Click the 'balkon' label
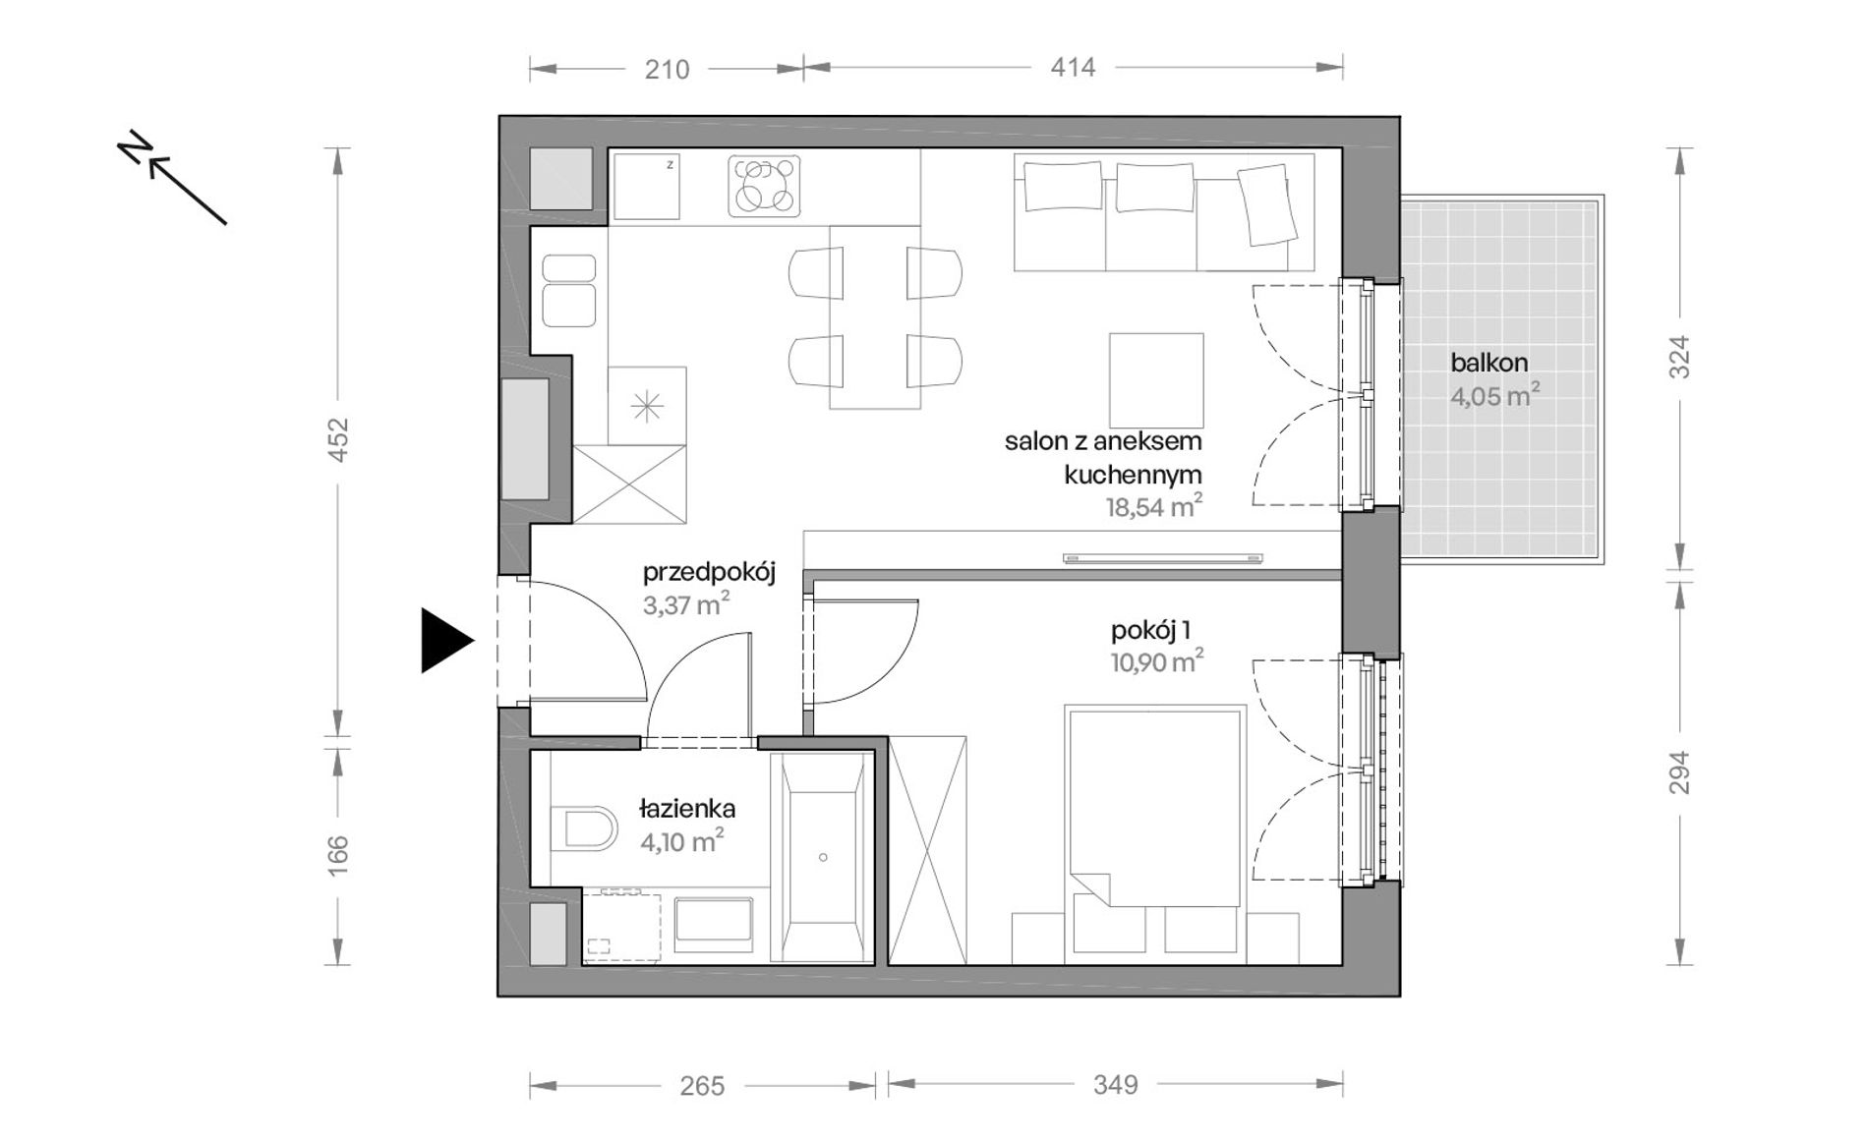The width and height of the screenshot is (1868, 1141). [x=1489, y=363]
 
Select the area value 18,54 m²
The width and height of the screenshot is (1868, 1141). [x=1154, y=507]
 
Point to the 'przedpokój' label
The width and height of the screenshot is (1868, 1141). [x=709, y=573]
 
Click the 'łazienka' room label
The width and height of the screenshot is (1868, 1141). [x=687, y=810]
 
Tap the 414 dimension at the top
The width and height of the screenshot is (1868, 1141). [x=1073, y=68]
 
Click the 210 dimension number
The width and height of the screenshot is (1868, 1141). [x=667, y=69]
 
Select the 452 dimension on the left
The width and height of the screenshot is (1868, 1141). [x=338, y=440]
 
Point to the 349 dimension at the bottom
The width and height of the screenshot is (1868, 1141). [x=1115, y=1085]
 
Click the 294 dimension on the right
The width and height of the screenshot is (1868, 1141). [x=1680, y=772]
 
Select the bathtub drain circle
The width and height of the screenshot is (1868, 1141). [x=823, y=857]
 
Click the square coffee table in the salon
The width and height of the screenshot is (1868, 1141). [x=1156, y=379]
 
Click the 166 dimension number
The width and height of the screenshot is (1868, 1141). [x=338, y=855]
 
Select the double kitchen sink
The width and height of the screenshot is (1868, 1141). [x=569, y=290]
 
